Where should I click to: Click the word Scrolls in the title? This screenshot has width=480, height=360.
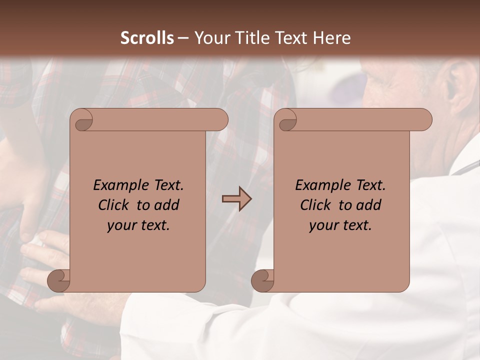(147, 38)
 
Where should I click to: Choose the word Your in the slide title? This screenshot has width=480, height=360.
(208, 38)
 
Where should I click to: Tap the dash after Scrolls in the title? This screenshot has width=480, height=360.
(183, 38)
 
